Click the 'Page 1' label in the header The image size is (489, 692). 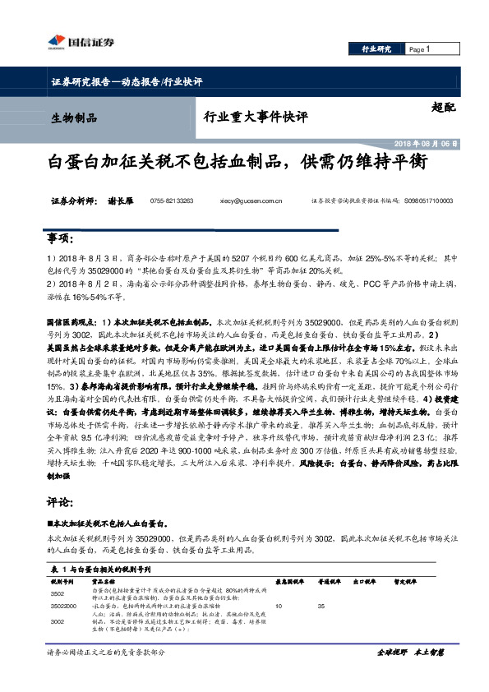pyautogui.click(x=420, y=49)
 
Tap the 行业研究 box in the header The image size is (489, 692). pyautogui.click(x=376, y=49)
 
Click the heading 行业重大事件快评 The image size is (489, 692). pyautogui.click(x=256, y=117)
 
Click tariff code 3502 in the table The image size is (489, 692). pyautogui.click(x=58, y=593)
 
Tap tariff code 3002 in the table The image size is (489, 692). pyautogui.click(x=58, y=622)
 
